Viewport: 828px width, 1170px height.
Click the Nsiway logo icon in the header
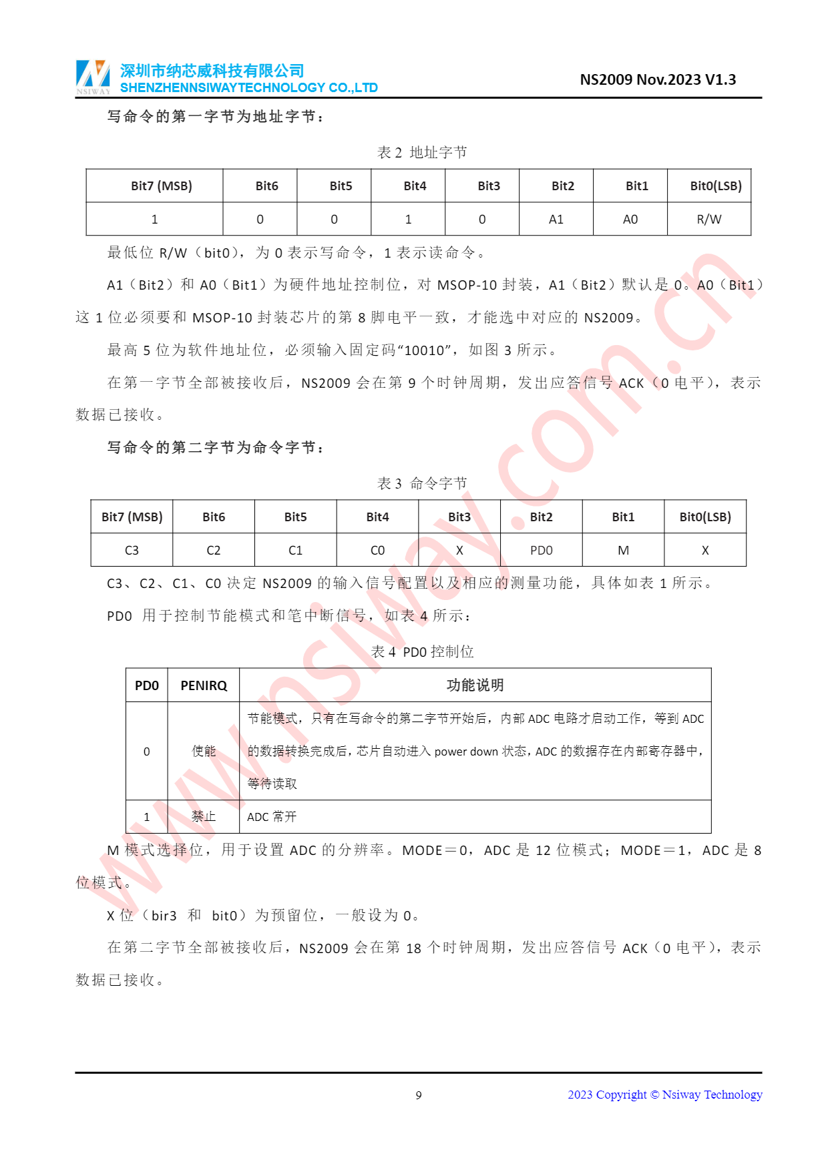(x=93, y=77)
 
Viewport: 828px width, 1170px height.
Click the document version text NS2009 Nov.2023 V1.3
(x=657, y=80)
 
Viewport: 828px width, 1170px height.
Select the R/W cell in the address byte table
(x=708, y=220)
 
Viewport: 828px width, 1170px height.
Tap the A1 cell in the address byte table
(x=556, y=220)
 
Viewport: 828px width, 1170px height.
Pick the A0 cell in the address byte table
(x=630, y=220)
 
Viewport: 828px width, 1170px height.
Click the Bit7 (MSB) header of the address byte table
(x=161, y=186)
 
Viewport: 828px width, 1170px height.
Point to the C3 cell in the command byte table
(x=132, y=551)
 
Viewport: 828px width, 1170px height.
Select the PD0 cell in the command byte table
(x=541, y=551)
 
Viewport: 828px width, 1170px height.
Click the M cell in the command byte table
(x=623, y=551)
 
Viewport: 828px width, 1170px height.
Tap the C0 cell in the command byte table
(x=377, y=551)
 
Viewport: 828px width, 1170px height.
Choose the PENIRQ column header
(x=204, y=685)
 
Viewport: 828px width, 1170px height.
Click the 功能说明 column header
(x=475, y=685)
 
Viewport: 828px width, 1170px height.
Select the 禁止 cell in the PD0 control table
(x=204, y=817)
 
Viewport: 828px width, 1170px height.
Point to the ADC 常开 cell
(x=272, y=817)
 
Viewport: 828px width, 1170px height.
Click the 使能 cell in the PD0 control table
(x=204, y=752)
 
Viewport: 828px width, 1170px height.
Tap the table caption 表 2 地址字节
(x=422, y=153)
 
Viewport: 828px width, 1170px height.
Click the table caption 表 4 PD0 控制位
(x=422, y=652)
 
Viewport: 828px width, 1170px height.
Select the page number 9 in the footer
(x=419, y=1095)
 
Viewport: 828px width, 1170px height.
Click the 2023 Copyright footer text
(x=664, y=1095)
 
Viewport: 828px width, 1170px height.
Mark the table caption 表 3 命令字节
(x=422, y=484)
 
